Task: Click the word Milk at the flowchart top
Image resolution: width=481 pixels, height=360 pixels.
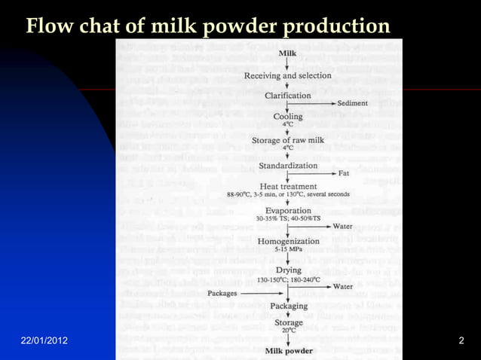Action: (x=288, y=53)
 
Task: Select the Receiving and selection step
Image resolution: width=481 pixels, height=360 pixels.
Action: (x=287, y=75)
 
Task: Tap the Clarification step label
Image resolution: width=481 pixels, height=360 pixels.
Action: (x=287, y=96)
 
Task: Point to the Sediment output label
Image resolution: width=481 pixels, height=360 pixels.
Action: (x=353, y=103)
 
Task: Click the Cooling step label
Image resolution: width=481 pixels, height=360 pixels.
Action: (x=288, y=117)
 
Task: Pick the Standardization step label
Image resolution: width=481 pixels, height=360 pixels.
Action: (x=287, y=166)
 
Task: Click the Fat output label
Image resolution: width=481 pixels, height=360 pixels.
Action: (x=344, y=173)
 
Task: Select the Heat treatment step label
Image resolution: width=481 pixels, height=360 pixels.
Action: (x=287, y=186)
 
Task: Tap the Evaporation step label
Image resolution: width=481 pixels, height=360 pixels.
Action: (x=288, y=210)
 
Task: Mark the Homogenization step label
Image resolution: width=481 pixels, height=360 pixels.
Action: (x=287, y=239)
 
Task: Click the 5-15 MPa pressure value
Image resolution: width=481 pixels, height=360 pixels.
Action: (x=288, y=248)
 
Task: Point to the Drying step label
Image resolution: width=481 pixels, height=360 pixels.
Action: (x=288, y=270)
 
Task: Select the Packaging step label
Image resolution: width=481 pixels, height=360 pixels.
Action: (x=288, y=307)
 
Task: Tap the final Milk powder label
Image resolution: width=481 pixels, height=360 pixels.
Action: (x=288, y=352)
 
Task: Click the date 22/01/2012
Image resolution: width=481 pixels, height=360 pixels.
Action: (x=44, y=341)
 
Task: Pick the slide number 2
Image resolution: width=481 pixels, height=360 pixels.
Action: (x=461, y=341)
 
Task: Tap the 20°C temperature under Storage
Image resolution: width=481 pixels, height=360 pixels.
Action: (x=288, y=331)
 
